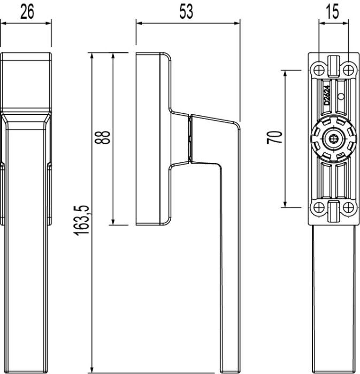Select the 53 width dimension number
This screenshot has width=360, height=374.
[x=186, y=12]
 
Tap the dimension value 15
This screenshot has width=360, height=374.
[x=332, y=12]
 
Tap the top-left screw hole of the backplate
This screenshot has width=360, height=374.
[x=319, y=69]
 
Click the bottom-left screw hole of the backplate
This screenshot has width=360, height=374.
[x=319, y=207]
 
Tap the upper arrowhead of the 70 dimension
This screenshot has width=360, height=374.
[x=285, y=73]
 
